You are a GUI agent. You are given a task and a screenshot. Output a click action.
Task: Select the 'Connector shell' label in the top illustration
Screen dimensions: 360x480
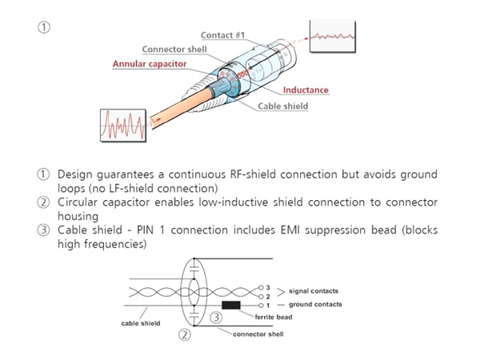pyautogui.click(x=174, y=50)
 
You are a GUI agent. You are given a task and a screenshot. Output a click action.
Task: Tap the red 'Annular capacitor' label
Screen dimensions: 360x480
pyautogui.click(x=150, y=63)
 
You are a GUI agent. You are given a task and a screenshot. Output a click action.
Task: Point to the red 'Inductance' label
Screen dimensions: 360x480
pyautogui.click(x=304, y=90)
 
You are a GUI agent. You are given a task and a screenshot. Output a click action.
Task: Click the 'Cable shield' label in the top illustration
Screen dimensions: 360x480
pyautogui.click(x=282, y=106)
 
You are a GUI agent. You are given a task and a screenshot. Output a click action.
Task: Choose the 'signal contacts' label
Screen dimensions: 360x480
pyautogui.click(x=317, y=292)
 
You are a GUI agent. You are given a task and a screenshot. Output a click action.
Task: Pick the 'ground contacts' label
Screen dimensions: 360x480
pyautogui.click(x=317, y=305)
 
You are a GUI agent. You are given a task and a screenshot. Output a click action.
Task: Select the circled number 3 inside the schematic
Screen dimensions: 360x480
pyautogui.click(x=214, y=318)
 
